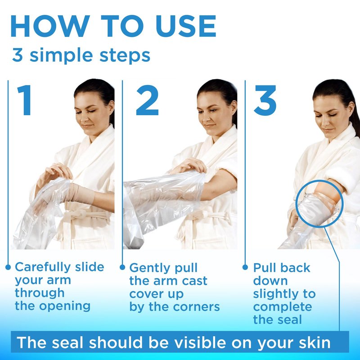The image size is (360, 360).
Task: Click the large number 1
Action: pos(24,100)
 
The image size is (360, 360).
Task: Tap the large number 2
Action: pos(147,100)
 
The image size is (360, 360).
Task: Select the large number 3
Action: pos(265,100)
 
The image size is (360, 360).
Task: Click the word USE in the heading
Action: pos(185,26)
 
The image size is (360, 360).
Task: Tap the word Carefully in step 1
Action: pos(42,268)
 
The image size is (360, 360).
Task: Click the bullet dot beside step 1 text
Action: pos(8,267)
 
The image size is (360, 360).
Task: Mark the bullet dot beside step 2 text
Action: pos(122,267)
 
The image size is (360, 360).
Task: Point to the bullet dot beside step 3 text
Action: pos(245,267)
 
